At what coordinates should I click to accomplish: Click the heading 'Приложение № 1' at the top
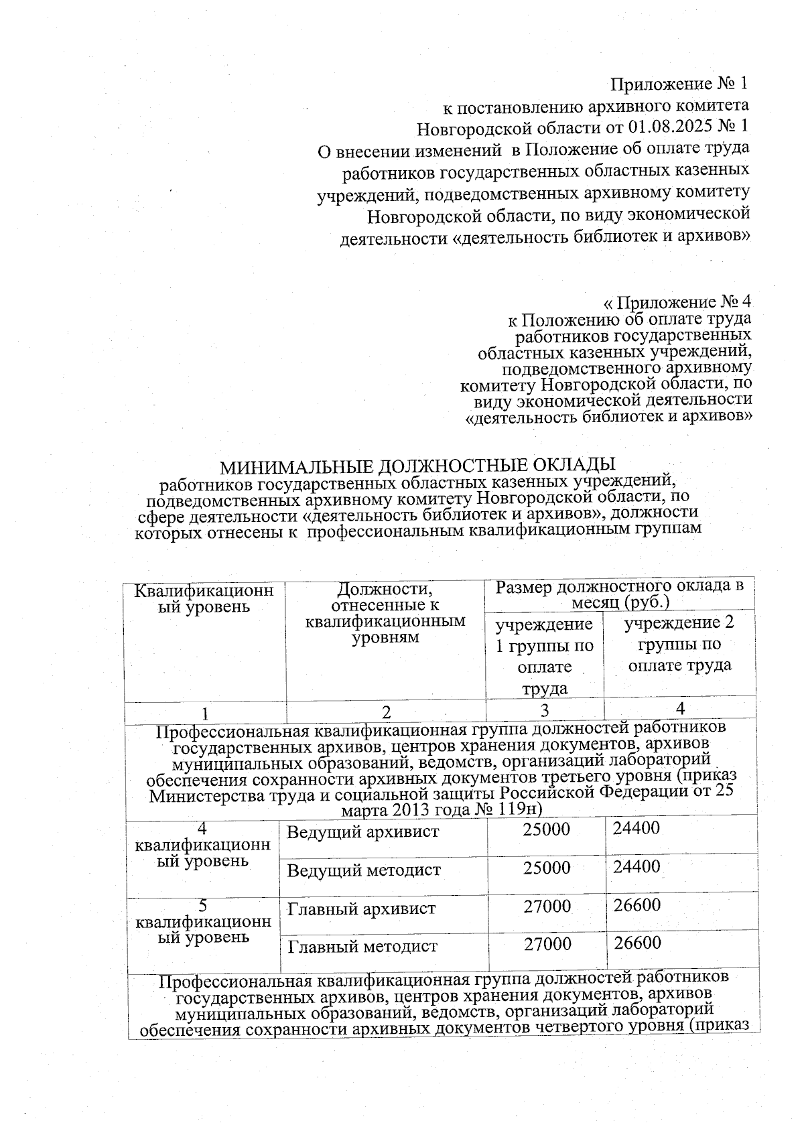678,84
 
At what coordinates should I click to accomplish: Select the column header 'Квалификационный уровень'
204,598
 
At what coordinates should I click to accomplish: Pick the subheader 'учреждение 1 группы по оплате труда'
544,655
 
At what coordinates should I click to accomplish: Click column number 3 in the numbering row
544,709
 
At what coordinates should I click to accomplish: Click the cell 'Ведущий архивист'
363,832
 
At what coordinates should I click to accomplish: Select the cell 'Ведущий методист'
364,870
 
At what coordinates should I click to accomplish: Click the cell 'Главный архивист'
362,909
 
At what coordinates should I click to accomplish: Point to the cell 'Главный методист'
362,947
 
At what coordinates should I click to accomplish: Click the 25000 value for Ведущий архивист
547,829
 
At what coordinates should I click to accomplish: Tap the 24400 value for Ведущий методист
637,867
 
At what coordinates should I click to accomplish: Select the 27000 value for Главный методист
547,944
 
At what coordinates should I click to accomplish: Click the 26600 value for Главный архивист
638,905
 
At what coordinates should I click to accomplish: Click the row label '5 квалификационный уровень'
203,922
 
